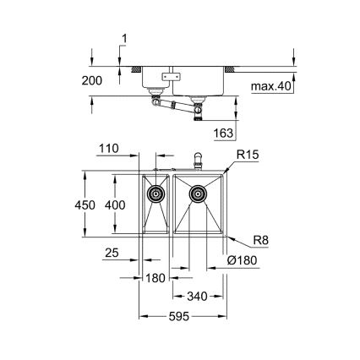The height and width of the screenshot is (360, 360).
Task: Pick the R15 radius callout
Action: tap(247, 156)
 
